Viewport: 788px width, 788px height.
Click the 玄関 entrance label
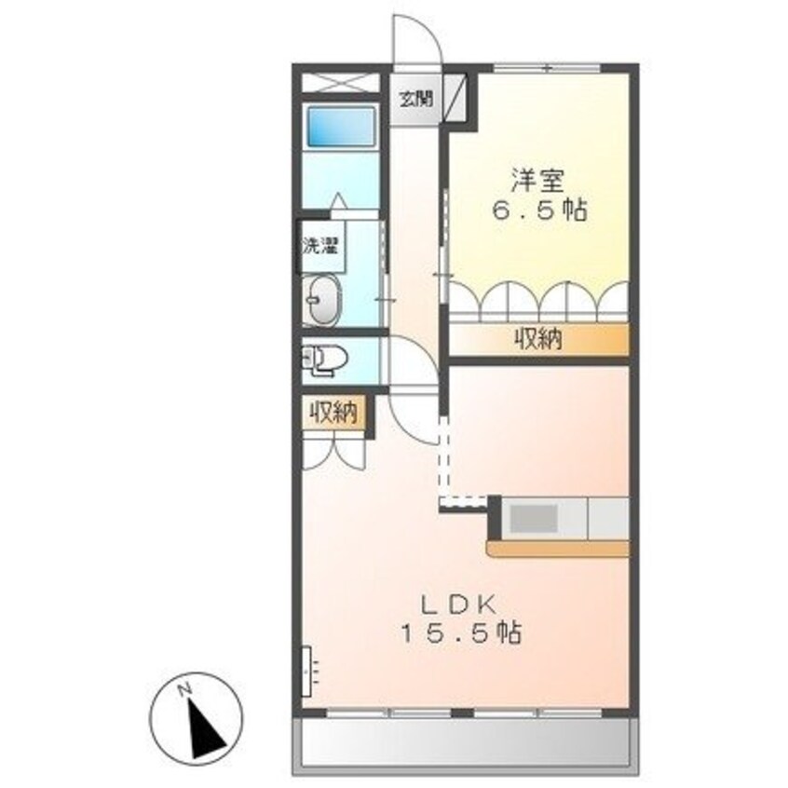[416, 98]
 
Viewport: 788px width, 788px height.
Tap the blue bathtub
[341, 129]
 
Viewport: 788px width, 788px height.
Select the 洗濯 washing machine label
[319, 247]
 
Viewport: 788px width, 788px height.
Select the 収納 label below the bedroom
[539, 341]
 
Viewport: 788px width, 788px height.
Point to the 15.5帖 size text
[460, 635]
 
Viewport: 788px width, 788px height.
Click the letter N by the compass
[185, 688]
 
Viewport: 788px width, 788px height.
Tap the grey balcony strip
[466, 741]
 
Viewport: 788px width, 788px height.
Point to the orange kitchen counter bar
[559, 550]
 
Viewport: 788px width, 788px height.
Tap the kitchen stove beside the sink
[608, 518]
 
